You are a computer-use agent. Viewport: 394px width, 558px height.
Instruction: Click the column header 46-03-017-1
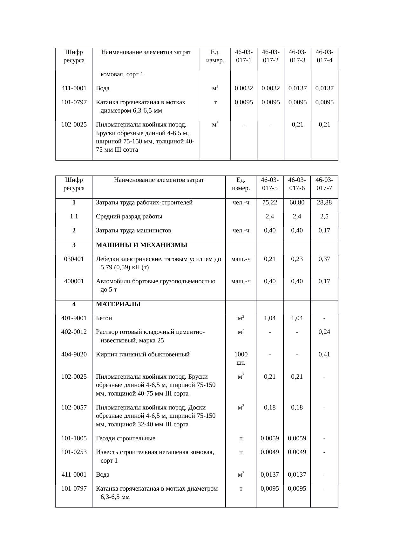click(243, 56)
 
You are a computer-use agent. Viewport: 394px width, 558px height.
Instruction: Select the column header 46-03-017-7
click(324, 184)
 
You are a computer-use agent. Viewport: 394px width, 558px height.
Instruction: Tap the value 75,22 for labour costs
click(270, 203)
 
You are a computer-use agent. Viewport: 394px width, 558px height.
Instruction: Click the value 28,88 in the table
click(324, 203)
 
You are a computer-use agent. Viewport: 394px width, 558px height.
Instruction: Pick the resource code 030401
click(74, 259)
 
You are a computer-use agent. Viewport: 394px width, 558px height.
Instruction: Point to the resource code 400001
click(74, 281)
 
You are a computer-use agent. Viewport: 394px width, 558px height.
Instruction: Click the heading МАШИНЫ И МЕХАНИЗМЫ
click(141, 245)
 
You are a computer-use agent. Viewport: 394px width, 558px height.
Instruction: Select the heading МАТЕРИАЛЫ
click(118, 304)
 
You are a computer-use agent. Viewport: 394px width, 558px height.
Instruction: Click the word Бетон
click(104, 318)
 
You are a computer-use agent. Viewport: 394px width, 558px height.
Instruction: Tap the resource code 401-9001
click(74, 318)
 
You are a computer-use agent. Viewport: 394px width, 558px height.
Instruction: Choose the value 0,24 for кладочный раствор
click(324, 332)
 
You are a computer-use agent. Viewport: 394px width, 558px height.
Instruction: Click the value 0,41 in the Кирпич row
click(324, 355)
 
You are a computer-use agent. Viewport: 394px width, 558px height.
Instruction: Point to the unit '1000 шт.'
click(241, 358)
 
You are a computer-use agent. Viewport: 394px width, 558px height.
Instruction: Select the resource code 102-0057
click(74, 408)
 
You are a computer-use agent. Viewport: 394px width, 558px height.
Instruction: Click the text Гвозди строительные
click(126, 438)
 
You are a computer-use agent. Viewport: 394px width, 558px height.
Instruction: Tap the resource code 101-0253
click(74, 452)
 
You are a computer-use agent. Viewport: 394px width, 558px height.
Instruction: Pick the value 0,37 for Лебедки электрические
click(324, 259)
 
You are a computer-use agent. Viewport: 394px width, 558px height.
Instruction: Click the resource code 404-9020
click(74, 355)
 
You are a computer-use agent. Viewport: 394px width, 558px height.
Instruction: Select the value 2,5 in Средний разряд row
click(324, 217)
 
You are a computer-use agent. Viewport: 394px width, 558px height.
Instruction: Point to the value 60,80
click(297, 203)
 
